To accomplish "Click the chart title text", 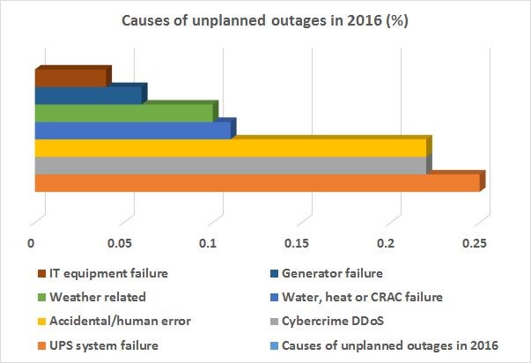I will click(x=265, y=23).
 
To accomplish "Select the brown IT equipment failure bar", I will click(x=70, y=77).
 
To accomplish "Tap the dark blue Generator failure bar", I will click(x=88, y=94).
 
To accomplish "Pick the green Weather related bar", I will click(x=123, y=113).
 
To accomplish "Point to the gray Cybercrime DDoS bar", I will click(x=229, y=166).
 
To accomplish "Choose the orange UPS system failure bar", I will click(x=255, y=182).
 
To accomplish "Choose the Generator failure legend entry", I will click(x=355, y=273).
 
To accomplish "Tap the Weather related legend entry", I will click(x=97, y=297).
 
